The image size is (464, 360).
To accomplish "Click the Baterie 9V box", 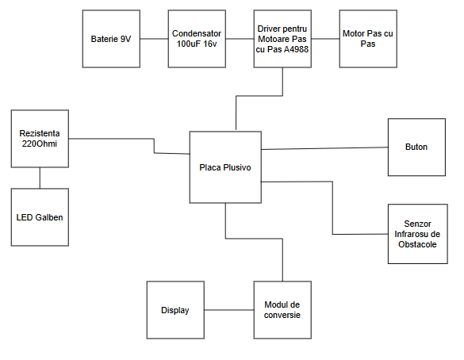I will click(x=111, y=39).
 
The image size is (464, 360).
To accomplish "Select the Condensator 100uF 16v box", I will click(x=196, y=39).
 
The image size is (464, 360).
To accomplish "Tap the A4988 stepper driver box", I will click(x=282, y=39).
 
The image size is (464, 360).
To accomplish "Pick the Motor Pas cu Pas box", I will click(x=367, y=39).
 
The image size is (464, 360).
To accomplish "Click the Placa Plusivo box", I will click(x=225, y=167).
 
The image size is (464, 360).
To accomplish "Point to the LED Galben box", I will click(x=40, y=216).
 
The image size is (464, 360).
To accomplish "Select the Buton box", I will click(x=416, y=147).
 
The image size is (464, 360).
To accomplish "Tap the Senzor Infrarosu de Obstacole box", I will click(x=416, y=234).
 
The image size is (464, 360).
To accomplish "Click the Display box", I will click(x=175, y=310).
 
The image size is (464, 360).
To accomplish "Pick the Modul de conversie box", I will click(x=282, y=310).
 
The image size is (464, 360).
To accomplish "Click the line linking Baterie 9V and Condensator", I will click(x=153, y=39).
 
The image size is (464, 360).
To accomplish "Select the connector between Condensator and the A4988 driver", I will click(x=239, y=39).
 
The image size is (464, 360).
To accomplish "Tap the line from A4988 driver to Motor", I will click(x=324, y=39).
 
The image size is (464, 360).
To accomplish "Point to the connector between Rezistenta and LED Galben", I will click(x=40, y=177).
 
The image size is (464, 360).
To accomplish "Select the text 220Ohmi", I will click(x=40, y=144).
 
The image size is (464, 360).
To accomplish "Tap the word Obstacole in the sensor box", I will click(x=416, y=244).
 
